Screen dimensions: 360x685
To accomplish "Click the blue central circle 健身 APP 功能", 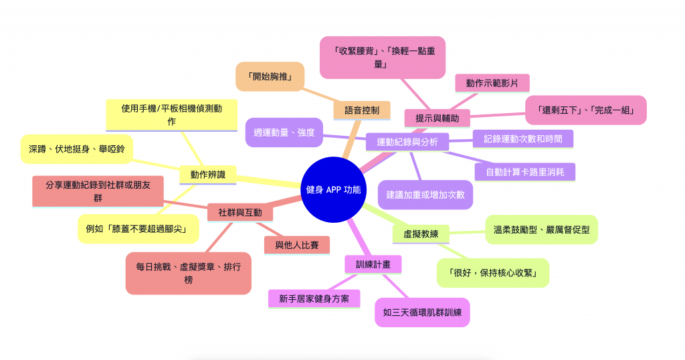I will click(332, 189).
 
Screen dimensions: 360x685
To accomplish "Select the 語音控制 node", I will click(361, 110).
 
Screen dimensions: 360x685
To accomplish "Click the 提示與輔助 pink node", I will click(437, 118).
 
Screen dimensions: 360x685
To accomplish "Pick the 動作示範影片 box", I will click(492, 83).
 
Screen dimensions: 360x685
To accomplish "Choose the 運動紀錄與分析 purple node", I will click(407, 141).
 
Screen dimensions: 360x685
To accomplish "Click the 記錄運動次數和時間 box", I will click(522, 139).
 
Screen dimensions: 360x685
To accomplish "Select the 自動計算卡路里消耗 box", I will click(524, 172).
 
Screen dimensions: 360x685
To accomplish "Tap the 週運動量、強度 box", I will click(284, 132).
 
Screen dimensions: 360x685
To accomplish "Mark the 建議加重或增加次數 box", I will click(425, 195).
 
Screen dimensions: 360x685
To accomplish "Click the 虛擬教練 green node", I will click(421, 234).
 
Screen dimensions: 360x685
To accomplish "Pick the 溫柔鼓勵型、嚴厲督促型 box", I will click(541, 230).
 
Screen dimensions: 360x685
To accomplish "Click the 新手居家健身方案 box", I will click(314, 298).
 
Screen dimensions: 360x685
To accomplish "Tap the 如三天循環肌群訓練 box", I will click(422, 312).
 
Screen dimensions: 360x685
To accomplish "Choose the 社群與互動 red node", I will click(239, 213).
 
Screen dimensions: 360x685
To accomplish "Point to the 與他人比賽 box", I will click(296, 245).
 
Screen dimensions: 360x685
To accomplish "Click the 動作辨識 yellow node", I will click(207, 175).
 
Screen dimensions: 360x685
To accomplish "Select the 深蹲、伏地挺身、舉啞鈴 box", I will click(77, 148).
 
